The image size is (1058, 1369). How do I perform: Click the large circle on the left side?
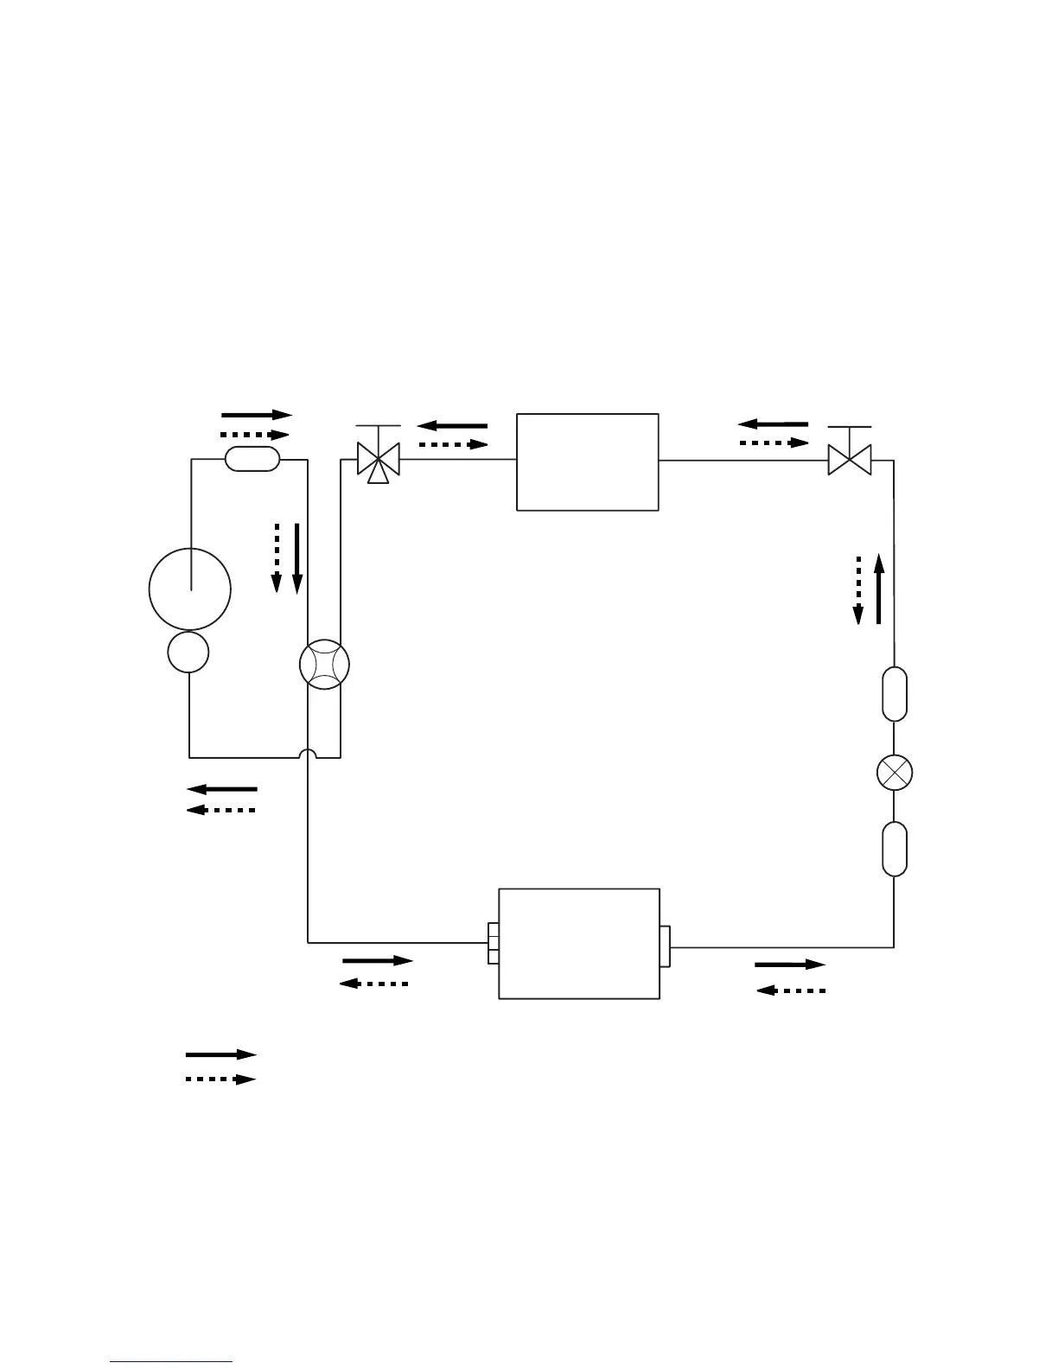coord(190,589)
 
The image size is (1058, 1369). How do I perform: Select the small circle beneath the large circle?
coord(188,652)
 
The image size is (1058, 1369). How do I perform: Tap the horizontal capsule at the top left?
coord(252,459)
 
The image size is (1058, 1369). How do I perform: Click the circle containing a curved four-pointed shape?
coord(324,665)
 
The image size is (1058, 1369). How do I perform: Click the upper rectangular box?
coord(588,462)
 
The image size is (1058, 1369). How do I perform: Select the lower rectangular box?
coord(579,943)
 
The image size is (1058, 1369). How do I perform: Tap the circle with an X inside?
coord(895,772)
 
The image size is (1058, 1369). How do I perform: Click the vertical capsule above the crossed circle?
coord(895,693)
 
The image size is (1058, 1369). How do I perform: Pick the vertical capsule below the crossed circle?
coord(895,849)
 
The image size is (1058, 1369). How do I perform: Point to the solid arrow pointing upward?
coord(879,589)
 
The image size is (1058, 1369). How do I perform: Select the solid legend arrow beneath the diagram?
coord(221,1054)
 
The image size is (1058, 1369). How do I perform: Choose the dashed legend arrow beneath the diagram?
coord(221,1079)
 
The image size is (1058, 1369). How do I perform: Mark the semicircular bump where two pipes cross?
coord(308,754)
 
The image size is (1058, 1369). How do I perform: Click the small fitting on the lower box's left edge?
coord(494,943)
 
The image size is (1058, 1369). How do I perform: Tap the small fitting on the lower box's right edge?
coord(665,946)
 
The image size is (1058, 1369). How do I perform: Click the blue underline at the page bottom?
coord(172,1362)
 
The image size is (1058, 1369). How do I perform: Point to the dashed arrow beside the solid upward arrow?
coord(858,589)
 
